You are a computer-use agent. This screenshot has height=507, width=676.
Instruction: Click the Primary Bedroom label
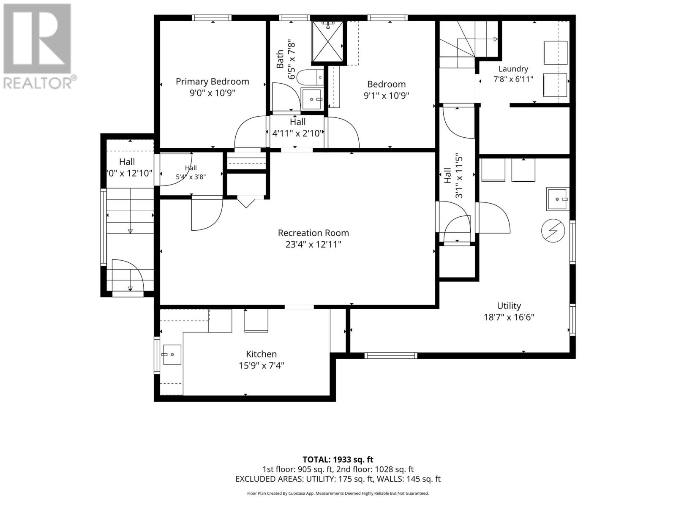(x=212, y=82)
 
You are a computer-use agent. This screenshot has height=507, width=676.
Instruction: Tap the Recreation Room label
(x=313, y=233)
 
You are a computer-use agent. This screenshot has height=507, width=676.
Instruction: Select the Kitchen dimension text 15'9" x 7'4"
(x=261, y=365)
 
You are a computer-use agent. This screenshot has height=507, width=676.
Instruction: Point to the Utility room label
(x=509, y=305)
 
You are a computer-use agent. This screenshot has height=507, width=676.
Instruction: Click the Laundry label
(x=513, y=69)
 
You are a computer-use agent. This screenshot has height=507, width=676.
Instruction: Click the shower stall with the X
(x=327, y=41)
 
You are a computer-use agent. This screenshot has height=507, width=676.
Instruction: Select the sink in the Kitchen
(x=172, y=354)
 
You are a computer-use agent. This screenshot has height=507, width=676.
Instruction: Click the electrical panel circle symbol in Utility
(x=553, y=231)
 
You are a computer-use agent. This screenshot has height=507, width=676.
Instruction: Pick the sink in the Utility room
(x=558, y=199)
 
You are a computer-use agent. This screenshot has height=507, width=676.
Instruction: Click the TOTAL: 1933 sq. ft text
(x=338, y=460)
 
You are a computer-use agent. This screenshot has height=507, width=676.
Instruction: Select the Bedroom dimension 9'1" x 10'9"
(x=386, y=95)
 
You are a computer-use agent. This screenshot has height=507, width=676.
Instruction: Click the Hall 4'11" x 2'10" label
(x=297, y=128)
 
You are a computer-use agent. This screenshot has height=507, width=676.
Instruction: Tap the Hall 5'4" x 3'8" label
(x=191, y=172)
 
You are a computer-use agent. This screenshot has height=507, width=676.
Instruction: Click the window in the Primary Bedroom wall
(x=212, y=18)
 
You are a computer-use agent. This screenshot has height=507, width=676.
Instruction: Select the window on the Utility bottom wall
(x=391, y=356)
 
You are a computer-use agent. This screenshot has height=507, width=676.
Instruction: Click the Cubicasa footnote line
(x=338, y=493)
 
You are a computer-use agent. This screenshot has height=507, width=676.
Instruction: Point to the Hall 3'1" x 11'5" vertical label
(x=453, y=176)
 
